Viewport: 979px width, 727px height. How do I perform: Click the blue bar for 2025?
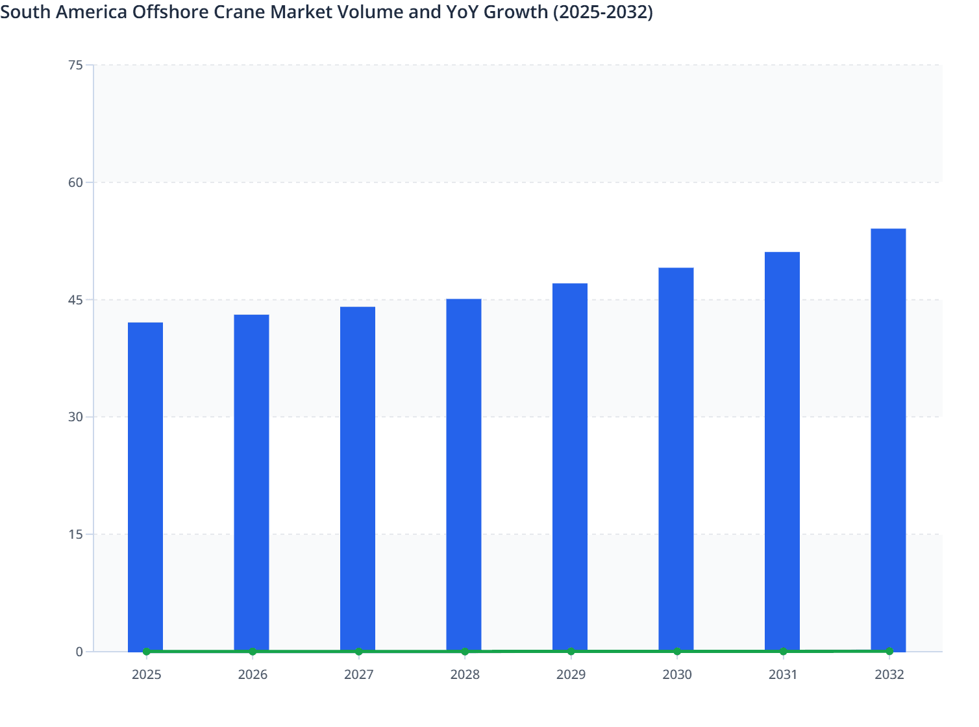[145, 487]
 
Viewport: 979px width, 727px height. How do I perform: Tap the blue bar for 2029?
[570, 467]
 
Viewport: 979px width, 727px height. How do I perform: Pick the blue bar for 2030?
[676, 460]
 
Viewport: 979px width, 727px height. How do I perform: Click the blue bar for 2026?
[251, 483]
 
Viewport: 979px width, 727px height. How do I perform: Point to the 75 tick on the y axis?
[75, 65]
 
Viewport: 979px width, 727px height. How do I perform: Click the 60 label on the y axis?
[75, 182]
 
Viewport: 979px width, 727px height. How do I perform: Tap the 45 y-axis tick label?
[75, 300]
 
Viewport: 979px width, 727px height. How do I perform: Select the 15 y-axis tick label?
[75, 534]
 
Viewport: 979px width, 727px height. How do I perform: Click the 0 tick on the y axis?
[79, 652]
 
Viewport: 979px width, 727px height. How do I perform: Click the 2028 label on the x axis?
[465, 674]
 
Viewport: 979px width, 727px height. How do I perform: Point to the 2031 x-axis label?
[783, 674]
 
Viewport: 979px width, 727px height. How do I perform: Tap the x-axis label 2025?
[146, 674]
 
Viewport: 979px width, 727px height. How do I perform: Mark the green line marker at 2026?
[253, 651]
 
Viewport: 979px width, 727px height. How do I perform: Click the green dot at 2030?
[677, 651]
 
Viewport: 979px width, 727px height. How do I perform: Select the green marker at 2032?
[889, 651]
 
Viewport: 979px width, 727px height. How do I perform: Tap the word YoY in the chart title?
[467, 12]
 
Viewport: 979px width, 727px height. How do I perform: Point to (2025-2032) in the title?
[603, 12]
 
